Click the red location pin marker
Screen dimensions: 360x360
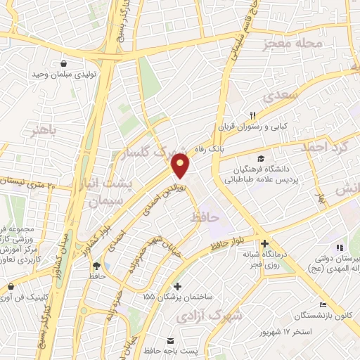pos(181,165)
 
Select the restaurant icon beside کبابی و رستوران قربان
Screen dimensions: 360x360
pos(252,115)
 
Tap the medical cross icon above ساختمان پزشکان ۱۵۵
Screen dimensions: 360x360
pos(178,287)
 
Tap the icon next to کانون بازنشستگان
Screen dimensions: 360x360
pos(323,305)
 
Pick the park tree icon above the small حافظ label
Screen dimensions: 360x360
pos(96,266)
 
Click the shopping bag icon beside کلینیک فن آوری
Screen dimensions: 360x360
pos(11,287)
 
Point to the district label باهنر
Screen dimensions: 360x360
pos(41,131)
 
